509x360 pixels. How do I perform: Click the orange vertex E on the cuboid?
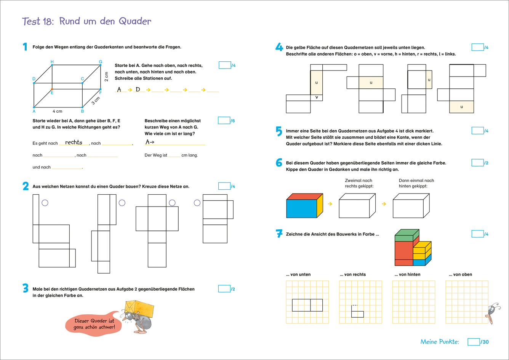[x=52, y=89]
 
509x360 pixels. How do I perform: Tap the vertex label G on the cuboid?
[x=101, y=61]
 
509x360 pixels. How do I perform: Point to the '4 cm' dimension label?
[x=57, y=111]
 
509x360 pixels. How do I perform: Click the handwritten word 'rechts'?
[x=74, y=142]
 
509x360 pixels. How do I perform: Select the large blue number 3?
[x=26, y=289]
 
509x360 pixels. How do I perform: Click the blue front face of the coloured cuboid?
[x=301, y=208]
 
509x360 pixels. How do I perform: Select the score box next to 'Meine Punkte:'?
[x=474, y=342]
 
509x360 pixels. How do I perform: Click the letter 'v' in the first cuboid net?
[x=316, y=97]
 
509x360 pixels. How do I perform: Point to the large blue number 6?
[x=279, y=163]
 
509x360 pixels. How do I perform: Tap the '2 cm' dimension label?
[x=107, y=76]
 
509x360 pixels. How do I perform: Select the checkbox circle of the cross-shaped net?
[x=172, y=203]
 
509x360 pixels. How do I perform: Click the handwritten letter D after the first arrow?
[x=138, y=90]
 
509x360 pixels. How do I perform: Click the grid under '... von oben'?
[x=467, y=302]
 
